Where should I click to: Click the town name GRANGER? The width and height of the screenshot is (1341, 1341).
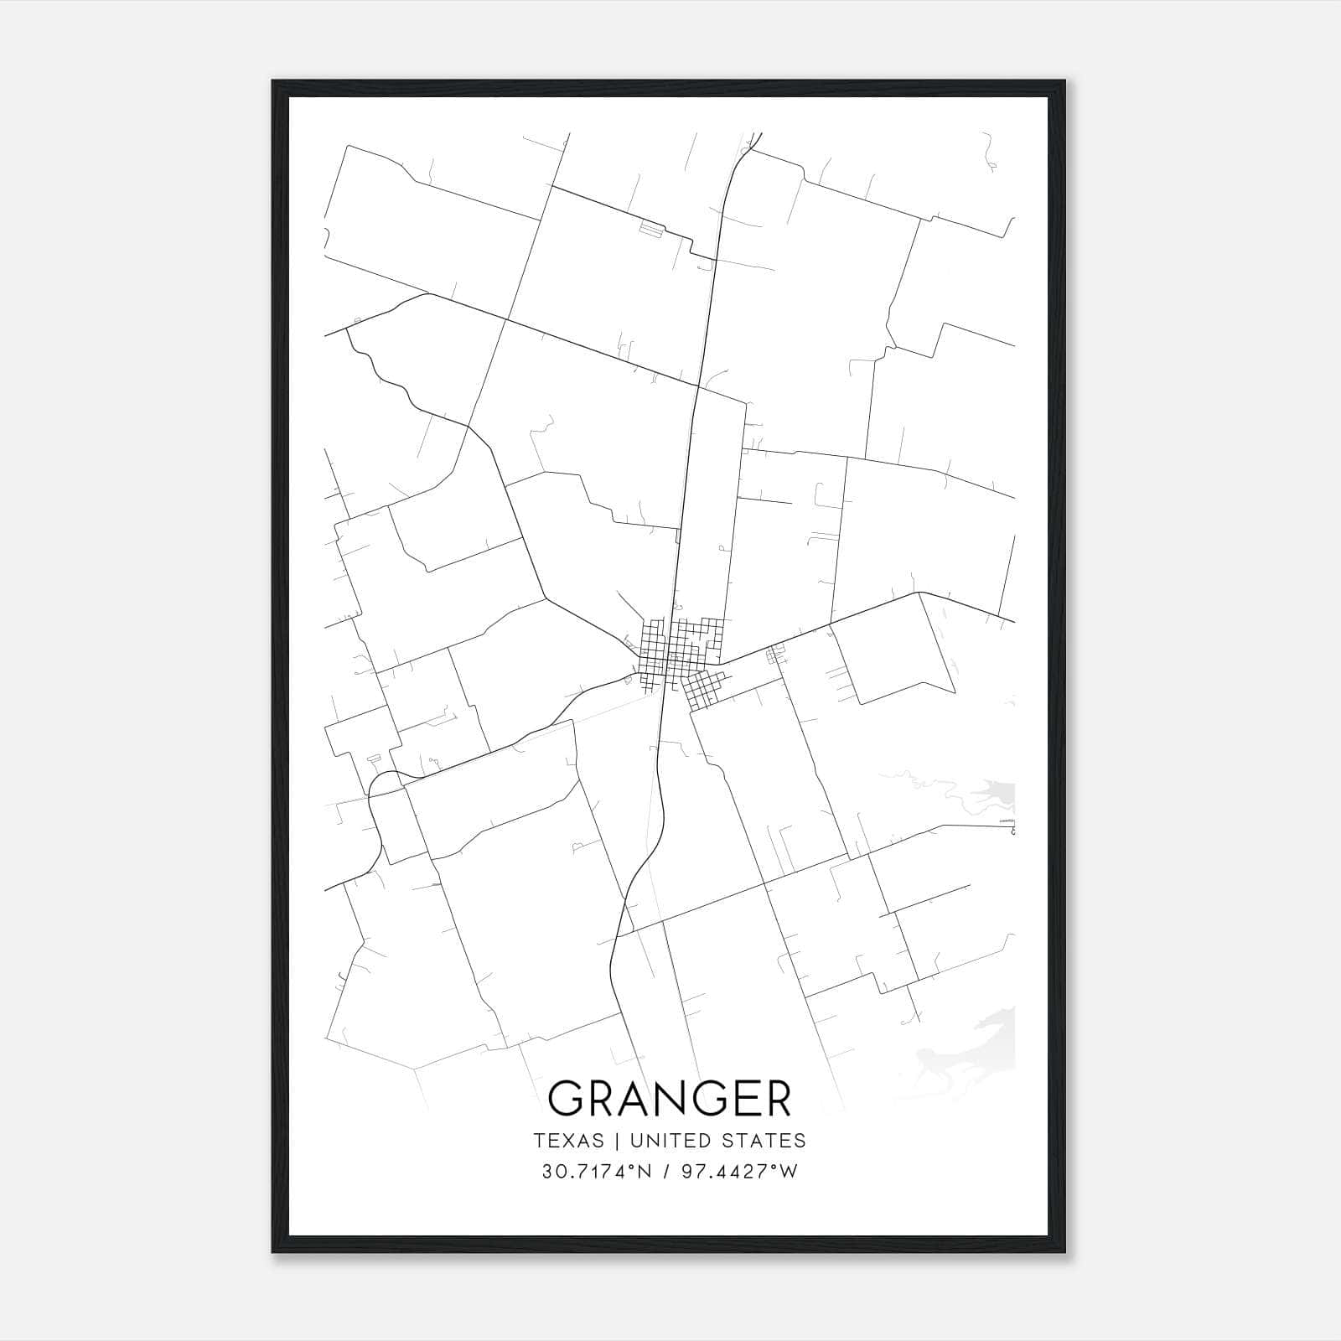tap(670, 1099)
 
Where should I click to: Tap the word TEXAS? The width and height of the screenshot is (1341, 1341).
tap(568, 1141)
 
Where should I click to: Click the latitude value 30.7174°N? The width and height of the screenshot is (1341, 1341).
tap(596, 1172)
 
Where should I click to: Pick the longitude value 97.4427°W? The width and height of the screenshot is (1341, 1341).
tap(738, 1172)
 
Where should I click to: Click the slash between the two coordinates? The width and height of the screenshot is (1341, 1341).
tap(666, 1172)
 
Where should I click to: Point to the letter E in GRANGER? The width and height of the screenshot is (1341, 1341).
tap(741, 1099)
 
